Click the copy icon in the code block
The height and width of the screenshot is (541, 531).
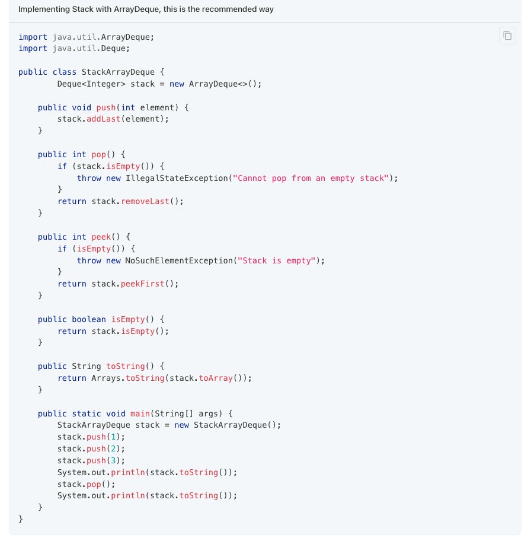(507, 36)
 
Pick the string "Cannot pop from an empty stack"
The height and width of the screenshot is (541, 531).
(311, 178)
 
